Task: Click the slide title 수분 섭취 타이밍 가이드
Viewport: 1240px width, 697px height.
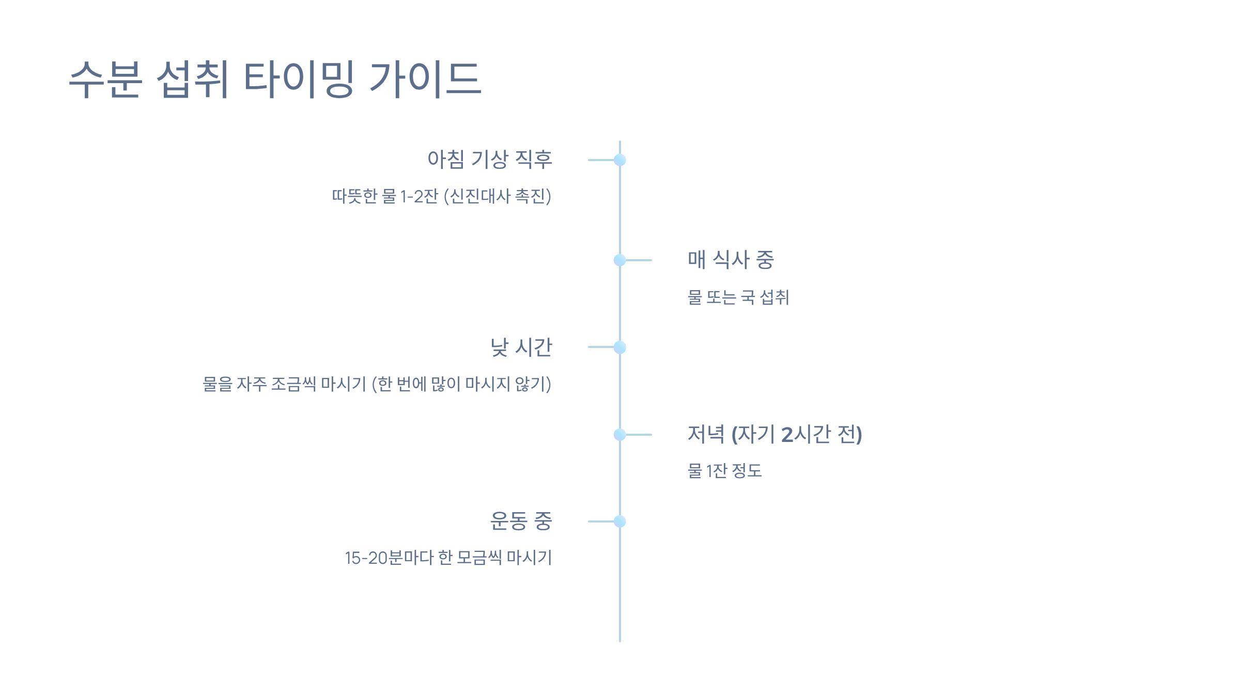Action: pos(275,79)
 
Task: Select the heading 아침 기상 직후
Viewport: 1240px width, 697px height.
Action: pos(490,159)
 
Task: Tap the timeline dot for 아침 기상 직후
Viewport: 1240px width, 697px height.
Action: pos(620,160)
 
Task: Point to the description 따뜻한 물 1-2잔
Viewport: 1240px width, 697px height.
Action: pos(441,196)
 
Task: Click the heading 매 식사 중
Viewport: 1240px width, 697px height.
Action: pos(731,260)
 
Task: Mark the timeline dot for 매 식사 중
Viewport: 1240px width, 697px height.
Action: pos(620,260)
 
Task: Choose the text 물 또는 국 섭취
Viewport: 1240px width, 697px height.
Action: pos(738,297)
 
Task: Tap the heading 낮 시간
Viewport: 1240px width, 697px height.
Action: pos(521,347)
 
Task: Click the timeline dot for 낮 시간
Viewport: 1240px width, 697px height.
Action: pos(620,347)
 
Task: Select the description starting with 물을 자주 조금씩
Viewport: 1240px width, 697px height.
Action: pos(377,384)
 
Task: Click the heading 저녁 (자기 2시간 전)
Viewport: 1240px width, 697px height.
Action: pos(774,434)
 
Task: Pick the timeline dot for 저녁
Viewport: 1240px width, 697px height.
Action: pos(620,435)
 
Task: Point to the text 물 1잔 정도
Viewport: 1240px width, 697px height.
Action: pos(724,471)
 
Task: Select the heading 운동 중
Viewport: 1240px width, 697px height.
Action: pos(521,521)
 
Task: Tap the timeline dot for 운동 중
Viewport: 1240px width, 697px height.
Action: pos(620,521)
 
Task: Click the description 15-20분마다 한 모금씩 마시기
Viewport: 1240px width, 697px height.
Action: pos(448,558)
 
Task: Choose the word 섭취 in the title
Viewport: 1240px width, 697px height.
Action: pos(192,79)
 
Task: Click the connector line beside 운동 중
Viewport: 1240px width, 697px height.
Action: pos(601,521)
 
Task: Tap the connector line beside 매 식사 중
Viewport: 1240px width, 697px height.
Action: pos(640,260)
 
